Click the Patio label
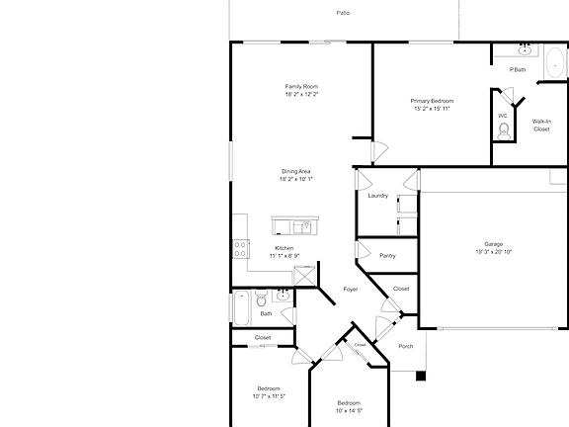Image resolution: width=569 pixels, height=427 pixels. pyautogui.click(x=343, y=13)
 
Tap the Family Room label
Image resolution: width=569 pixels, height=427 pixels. pyautogui.click(x=302, y=87)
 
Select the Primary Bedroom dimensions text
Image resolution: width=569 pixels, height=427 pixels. pyautogui.click(x=433, y=108)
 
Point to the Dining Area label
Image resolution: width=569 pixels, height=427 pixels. pyautogui.click(x=296, y=172)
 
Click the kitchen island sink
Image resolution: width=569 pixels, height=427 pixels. pyautogui.click(x=306, y=226)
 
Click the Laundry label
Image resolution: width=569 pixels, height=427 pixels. pyautogui.click(x=377, y=196)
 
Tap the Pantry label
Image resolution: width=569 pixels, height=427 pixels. pyautogui.click(x=387, y=255)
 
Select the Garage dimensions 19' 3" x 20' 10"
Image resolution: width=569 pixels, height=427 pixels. pyautogui.click(x=493, y=251)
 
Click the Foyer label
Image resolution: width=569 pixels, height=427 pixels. pyautogui.click(x=350, y=290)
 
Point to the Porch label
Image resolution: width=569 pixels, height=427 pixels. pyautogui.click(x=405, y=346)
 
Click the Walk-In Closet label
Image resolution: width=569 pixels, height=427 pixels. pyautogui.click(x=541, y=125)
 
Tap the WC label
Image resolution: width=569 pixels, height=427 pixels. pyautogui.click(x=502, y=116)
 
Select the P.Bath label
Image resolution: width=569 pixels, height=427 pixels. pyautogui.click(x=517, y=69)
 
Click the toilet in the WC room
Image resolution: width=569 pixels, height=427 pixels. pyautogui.click(x=503, y=133)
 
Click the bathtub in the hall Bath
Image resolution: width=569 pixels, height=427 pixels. pyautogui.click(x=240, y=308)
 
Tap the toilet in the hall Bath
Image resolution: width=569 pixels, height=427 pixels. pyautogui.click(x=261, y=298)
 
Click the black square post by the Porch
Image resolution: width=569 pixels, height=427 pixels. pyautogui.click(x=421, y=376)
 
